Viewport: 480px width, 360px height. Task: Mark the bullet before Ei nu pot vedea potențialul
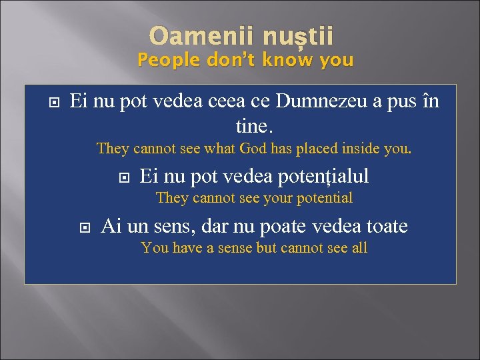click(123, 177)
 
